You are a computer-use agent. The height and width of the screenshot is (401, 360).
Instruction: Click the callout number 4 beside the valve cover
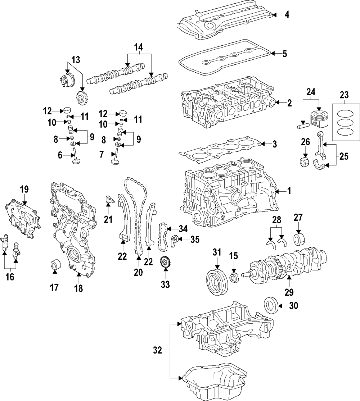(287, 15)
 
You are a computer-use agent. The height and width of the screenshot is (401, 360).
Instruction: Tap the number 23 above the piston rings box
(344, 95)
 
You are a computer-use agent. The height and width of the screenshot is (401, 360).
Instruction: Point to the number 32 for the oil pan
(157, 349)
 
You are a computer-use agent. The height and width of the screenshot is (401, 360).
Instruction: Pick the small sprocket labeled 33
(165, 261)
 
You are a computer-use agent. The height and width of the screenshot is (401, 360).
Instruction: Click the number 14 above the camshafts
(139, 47)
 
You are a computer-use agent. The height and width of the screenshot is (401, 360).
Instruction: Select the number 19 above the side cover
(24, 189)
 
